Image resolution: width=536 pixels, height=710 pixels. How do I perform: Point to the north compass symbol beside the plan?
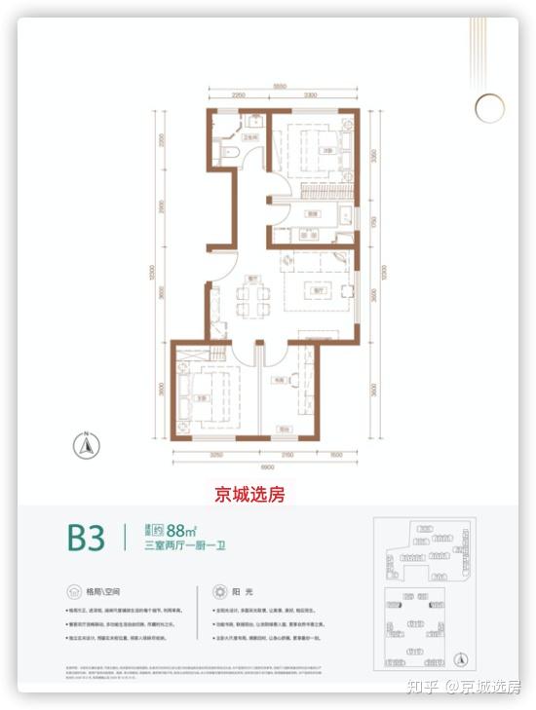pos(86,446)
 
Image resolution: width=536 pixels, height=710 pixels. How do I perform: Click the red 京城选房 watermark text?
pos(249,495)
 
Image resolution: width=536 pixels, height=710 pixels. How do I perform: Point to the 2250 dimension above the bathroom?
pos(238,96)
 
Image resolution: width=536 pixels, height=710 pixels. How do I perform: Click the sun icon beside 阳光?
pos(216,591)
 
